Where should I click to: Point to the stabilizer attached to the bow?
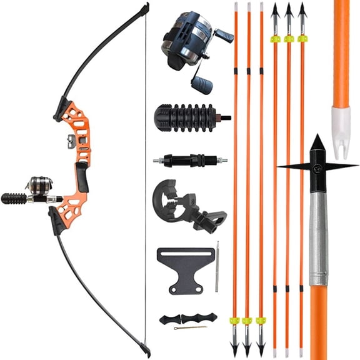click(14, 199)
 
